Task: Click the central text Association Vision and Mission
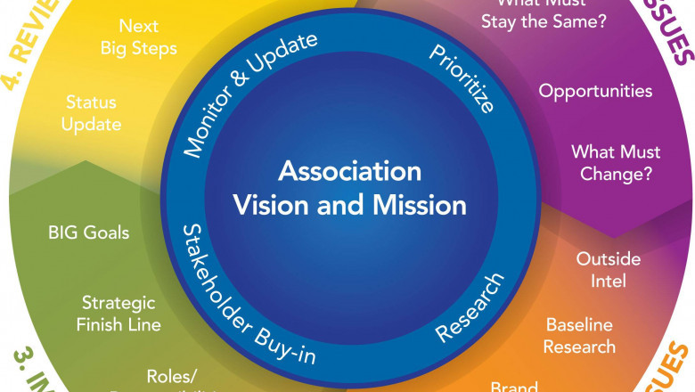coord(349,188)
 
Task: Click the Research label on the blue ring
coord(470,307)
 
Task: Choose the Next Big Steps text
coord(148,37)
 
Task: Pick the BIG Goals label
coord(88,233)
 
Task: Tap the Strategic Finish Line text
coord(119,313)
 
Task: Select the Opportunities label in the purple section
coord(595,91)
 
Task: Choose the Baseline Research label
coord(580,335)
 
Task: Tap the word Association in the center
coord(349,170)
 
